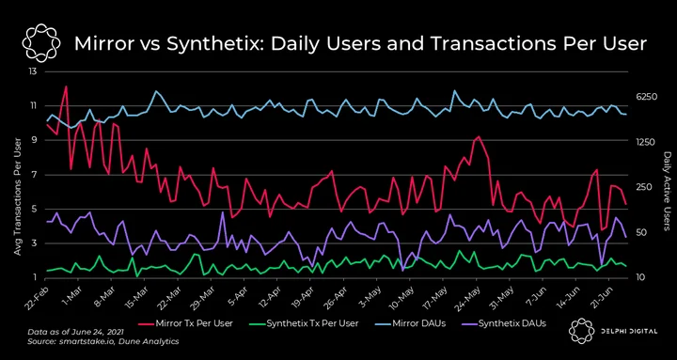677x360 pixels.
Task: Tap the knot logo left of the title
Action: [x=41, y=43]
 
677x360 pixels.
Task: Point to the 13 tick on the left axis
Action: [x=33, y=71]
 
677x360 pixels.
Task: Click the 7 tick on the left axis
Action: [x=36, y=175]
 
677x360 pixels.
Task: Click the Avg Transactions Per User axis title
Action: [x=18, y=196]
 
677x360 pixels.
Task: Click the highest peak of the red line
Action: [x=66, y=86]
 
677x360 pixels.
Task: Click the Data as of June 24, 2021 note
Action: [x=75, y=333]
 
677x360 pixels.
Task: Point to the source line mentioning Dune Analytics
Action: [x=102, y=341]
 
